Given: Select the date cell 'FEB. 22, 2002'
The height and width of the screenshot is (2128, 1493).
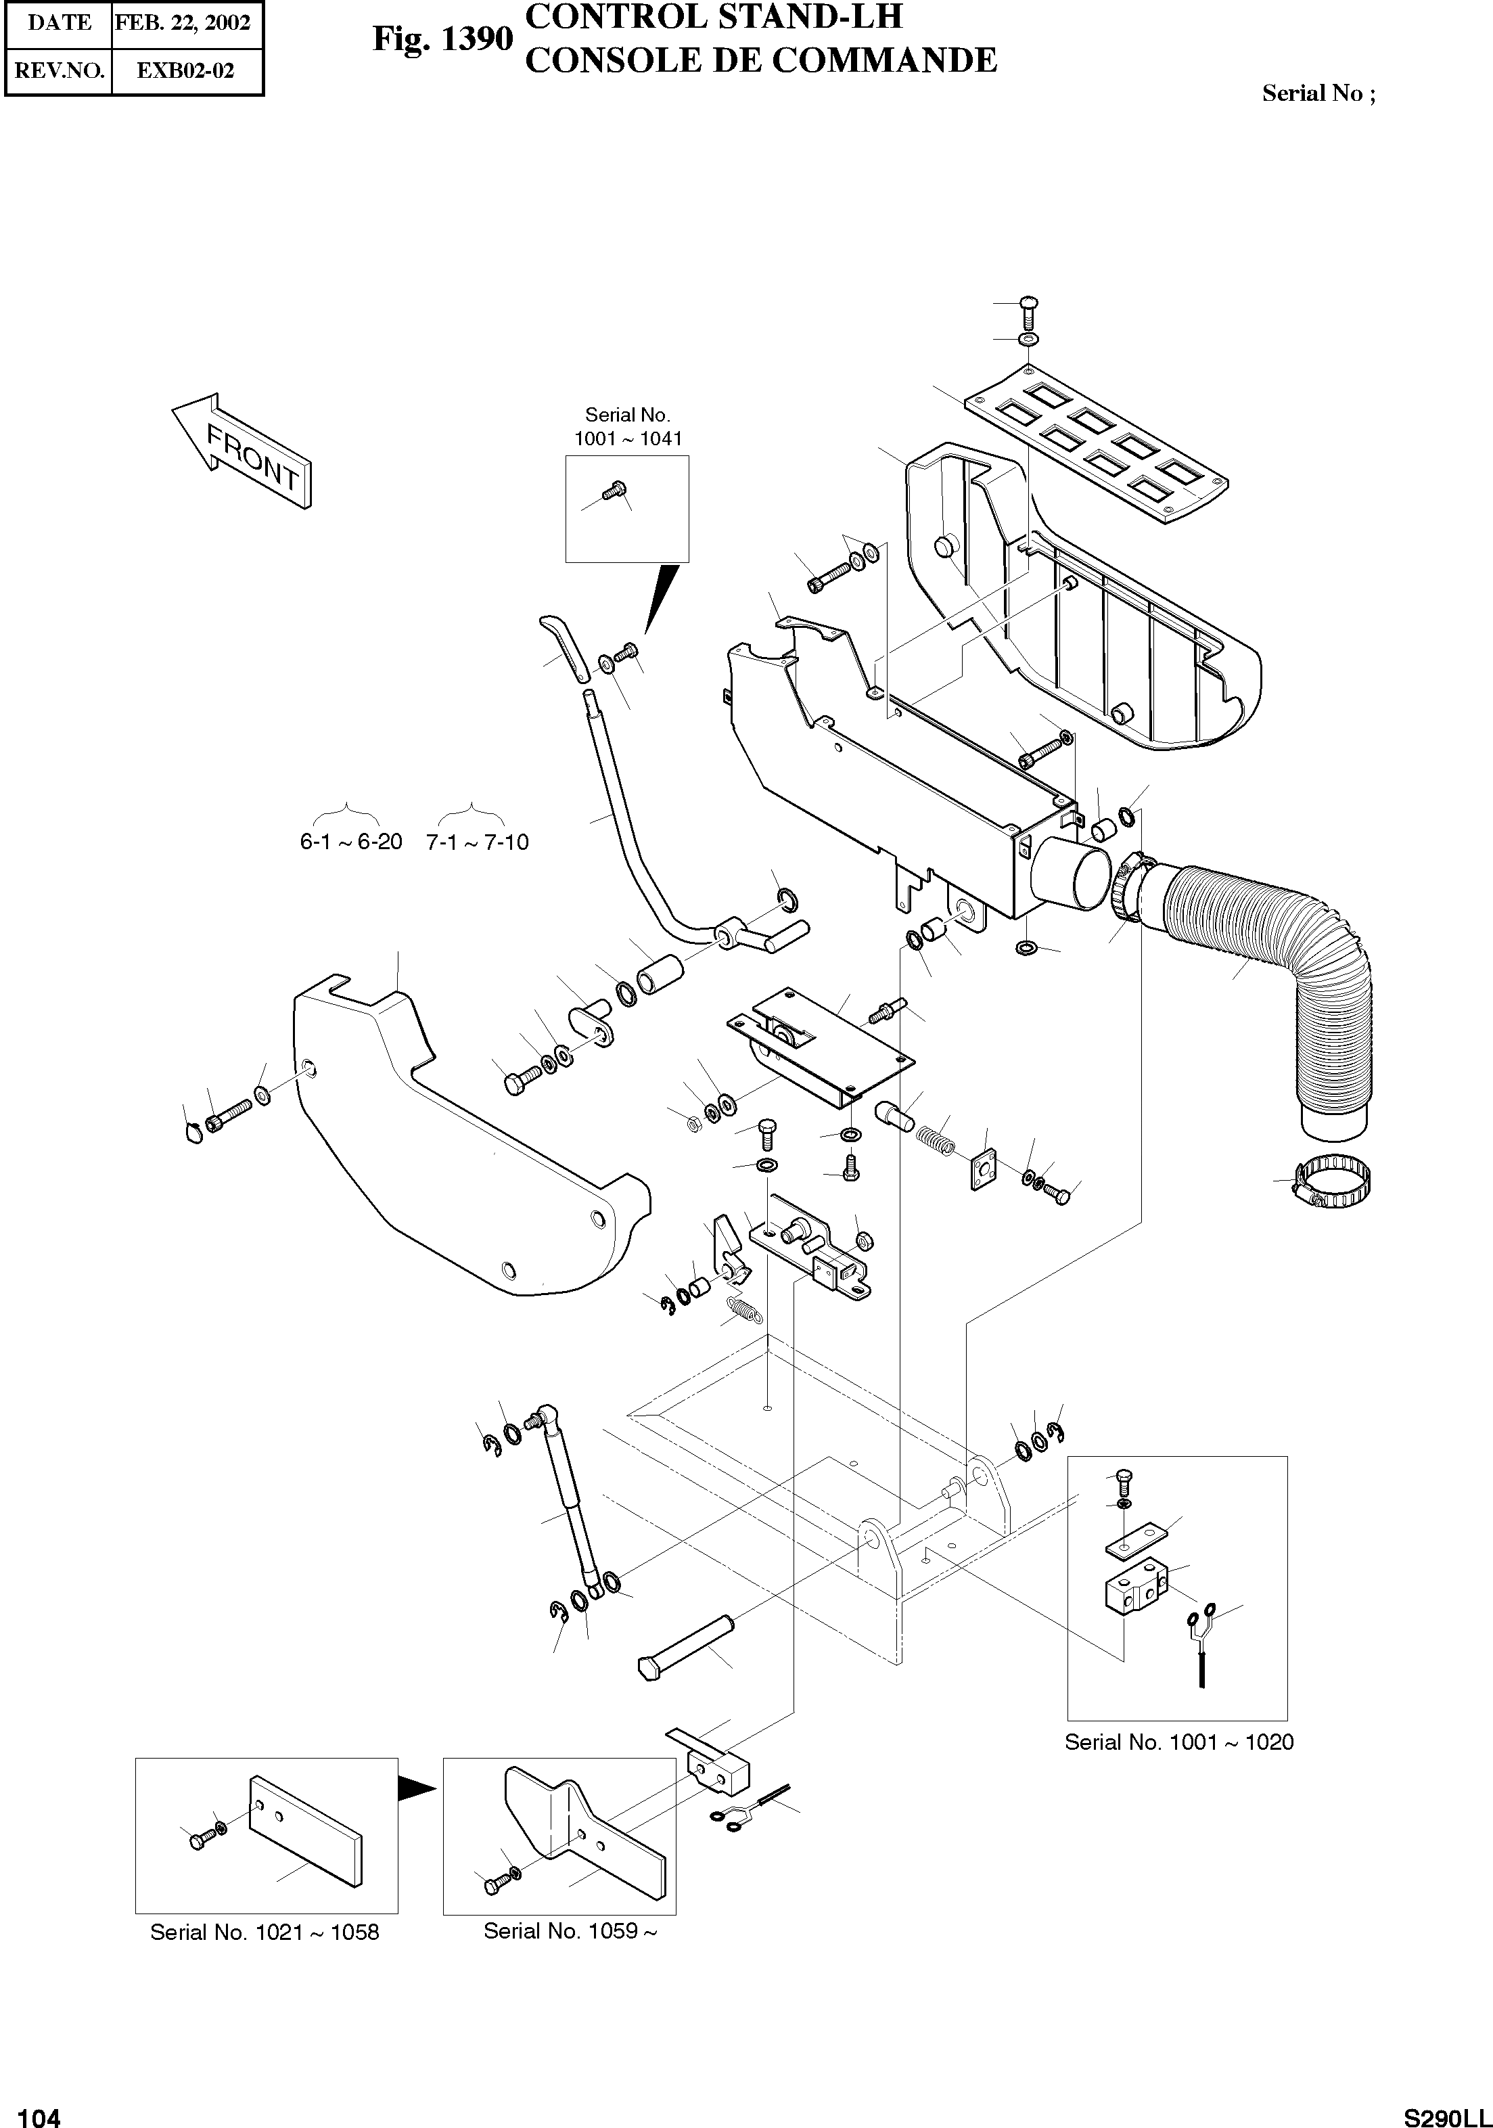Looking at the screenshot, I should tap(183, 23).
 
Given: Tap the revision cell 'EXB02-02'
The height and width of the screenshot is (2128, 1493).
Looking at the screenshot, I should tap(185, 70).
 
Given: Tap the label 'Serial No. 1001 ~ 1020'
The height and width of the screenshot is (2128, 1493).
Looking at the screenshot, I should tap(1178, 1742).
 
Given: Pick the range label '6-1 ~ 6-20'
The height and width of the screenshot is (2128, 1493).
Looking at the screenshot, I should tap(350, 842).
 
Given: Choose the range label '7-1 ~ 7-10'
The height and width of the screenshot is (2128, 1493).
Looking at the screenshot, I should tap(478, 842).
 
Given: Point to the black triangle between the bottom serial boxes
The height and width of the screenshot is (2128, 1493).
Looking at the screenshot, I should tap(416, 1787).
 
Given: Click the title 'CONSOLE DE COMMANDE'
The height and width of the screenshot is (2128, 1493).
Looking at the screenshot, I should tap(760, 61).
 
